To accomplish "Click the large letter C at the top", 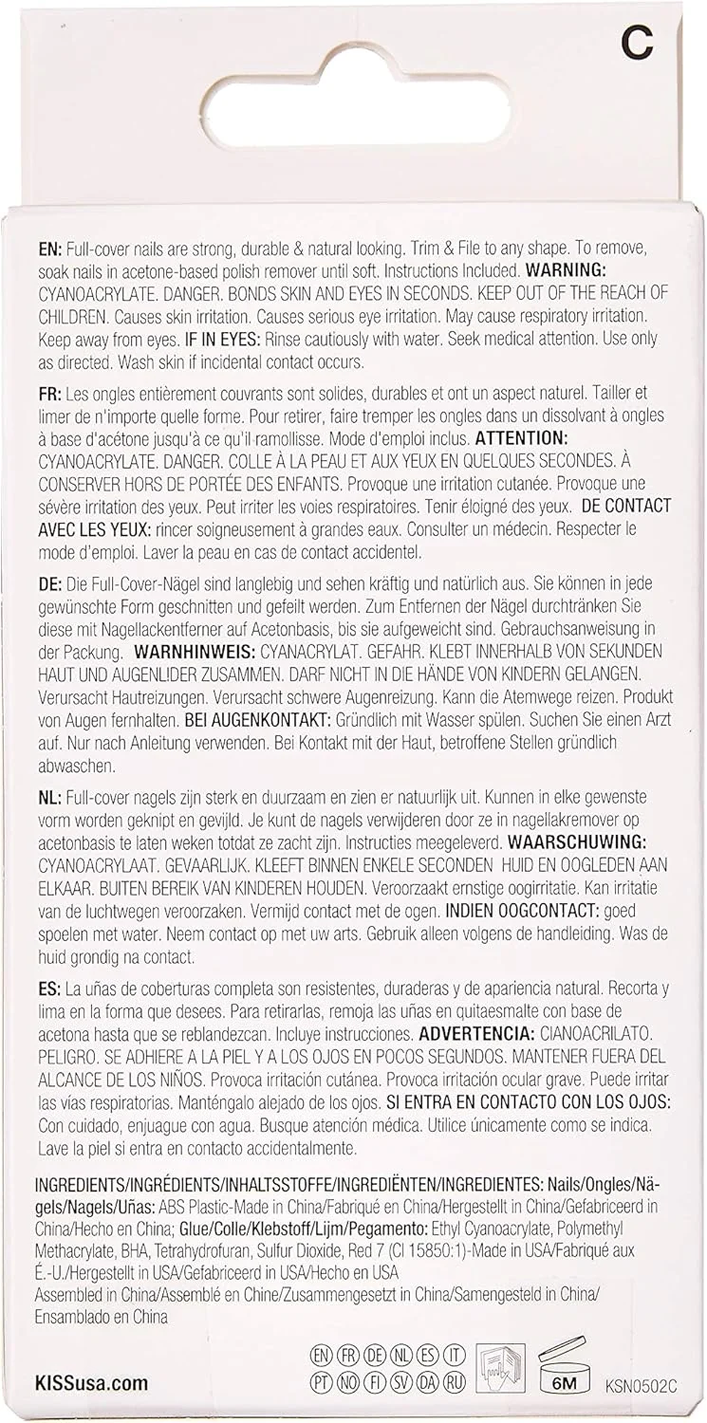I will click(x=638, y=43).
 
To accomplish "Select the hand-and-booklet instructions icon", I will click(x=500, y=1367).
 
